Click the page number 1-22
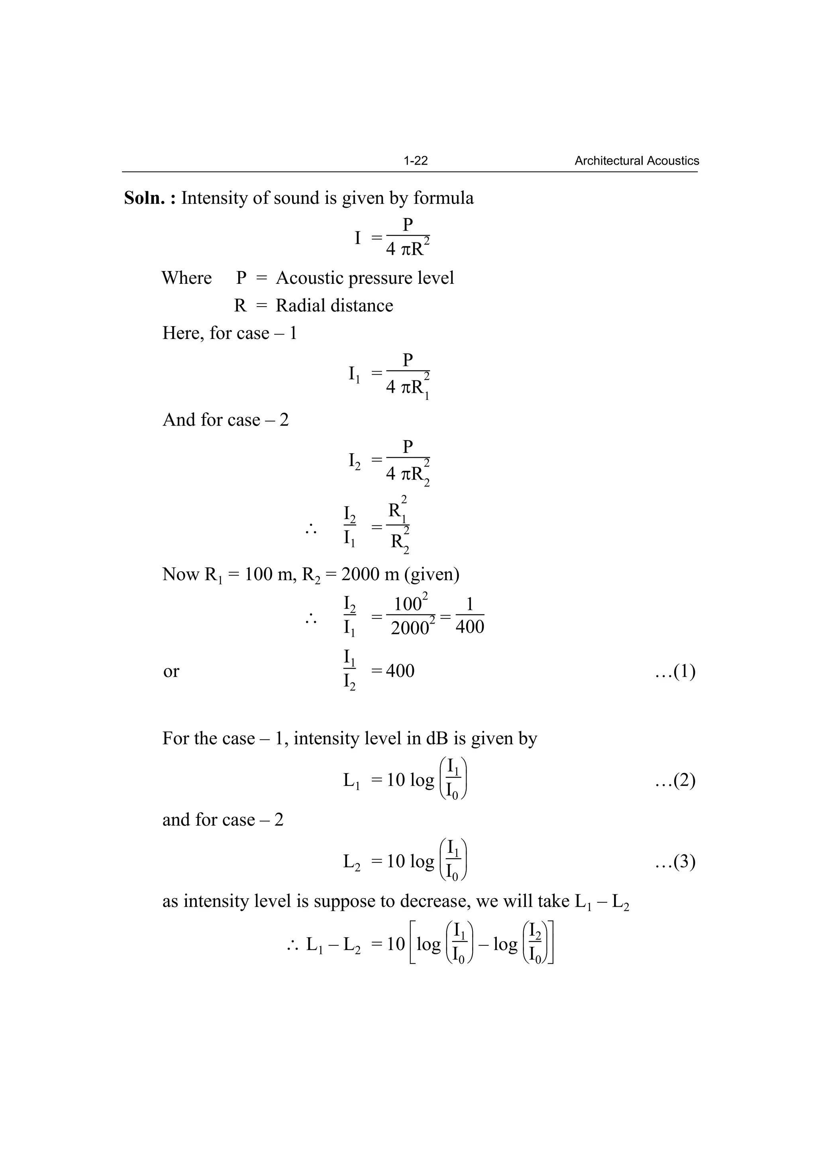[x=415, y=161]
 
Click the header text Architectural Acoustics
[x=637, y=161]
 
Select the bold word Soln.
[x=144, y=198]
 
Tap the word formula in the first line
[x=443, y=198]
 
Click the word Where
[x=186, y=277]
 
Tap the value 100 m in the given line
[x=267, y=574]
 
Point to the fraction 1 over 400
[x=470, y=615]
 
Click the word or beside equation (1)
[x=171, y=671]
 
